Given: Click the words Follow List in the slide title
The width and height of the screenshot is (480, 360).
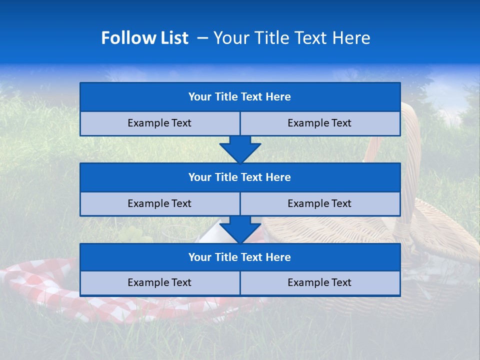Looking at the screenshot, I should point(144,38).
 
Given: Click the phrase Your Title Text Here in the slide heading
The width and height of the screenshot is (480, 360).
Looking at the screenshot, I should point(291,38).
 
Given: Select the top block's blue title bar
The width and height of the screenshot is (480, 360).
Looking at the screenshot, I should point(239,97).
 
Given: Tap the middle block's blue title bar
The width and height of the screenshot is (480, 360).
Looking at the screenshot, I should point(239,177).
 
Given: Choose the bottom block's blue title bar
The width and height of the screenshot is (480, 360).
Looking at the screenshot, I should point(239,257).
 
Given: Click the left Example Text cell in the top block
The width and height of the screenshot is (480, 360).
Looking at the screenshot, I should point(159,123).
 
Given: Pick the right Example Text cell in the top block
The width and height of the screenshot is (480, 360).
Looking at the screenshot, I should point(319,123).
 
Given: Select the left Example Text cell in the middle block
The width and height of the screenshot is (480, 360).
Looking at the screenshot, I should point(159,204).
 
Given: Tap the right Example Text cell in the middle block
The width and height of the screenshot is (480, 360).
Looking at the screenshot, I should point(319,204).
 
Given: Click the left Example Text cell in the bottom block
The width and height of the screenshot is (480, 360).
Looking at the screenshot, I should point(159,283).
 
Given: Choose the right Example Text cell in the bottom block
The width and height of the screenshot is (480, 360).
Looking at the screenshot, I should point(319,283).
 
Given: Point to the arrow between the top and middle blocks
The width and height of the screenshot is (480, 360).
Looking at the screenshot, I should point(240,149).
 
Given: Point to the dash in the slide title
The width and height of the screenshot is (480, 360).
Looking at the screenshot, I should point(202,38).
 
